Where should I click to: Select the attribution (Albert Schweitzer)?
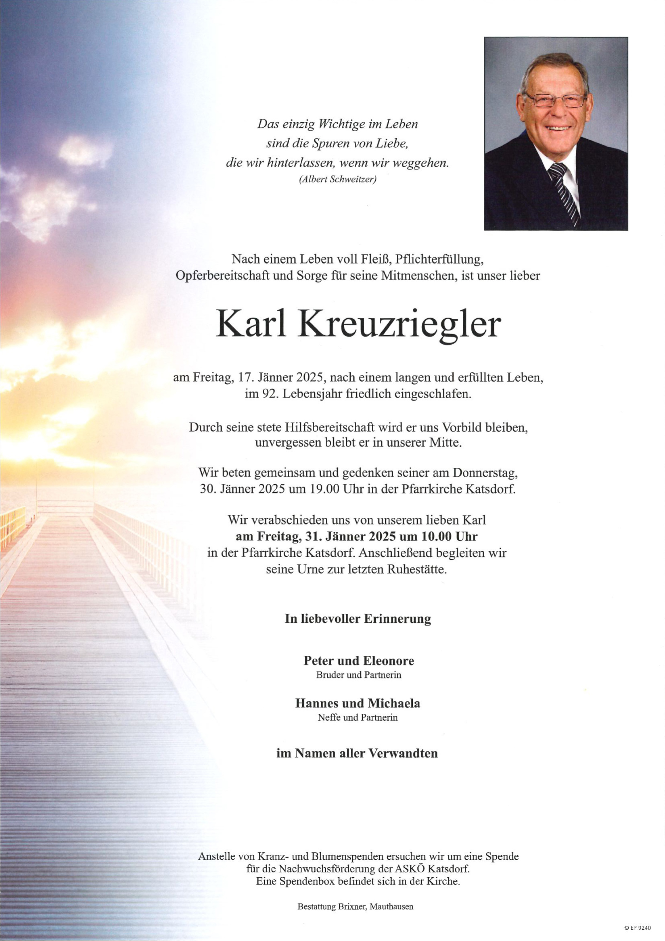point(337,179)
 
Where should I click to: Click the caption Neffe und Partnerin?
point(357,718)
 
